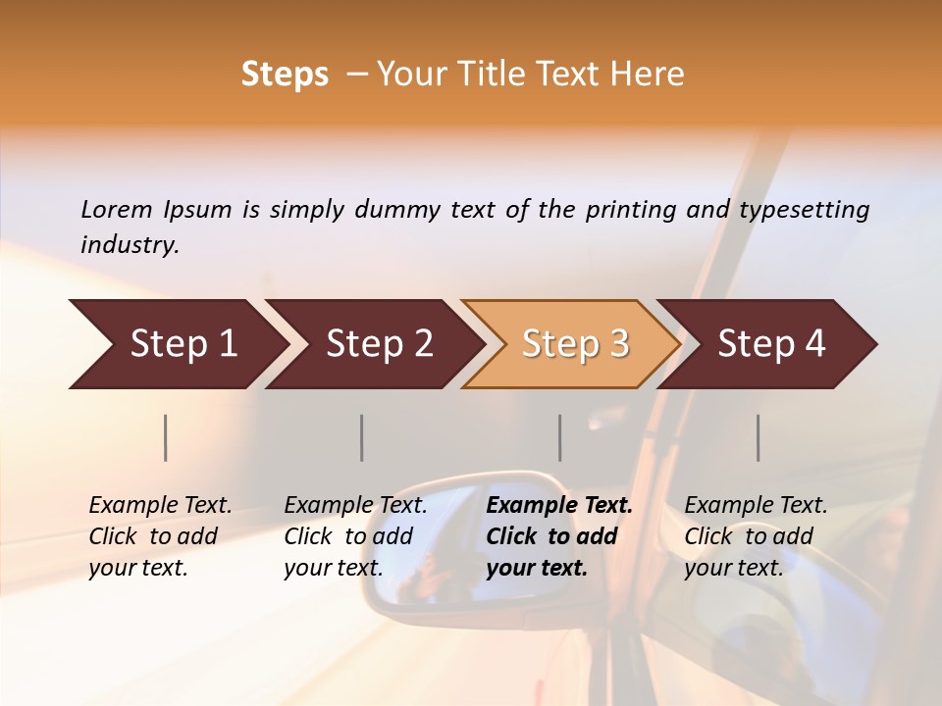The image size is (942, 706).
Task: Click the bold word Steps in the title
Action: (285, 75)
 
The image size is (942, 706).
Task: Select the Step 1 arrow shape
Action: (177, 344)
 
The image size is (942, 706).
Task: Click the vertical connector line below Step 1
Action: (166, 437)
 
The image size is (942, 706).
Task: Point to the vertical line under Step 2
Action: (362, 437)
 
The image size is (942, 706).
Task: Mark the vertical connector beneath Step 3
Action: (560, 437)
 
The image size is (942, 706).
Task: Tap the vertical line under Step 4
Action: (759, 437)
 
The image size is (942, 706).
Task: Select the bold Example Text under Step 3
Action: (559, 536)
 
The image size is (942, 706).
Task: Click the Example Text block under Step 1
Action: (160, 536)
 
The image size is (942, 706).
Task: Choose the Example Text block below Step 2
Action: (355, 536)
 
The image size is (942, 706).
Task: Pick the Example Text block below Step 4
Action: (756, 536)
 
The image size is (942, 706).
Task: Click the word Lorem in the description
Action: (117, 209)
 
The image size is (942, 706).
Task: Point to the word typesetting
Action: (804, 210)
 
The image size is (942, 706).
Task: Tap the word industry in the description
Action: (129, 245)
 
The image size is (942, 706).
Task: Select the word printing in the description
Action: (632, 210)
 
